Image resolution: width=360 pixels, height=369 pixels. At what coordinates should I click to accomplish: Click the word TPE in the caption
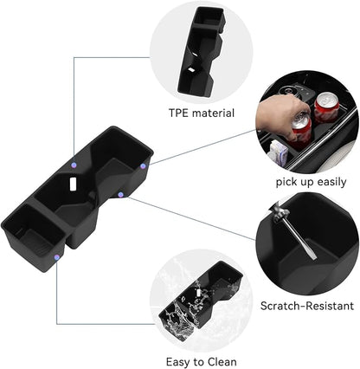[178, 113]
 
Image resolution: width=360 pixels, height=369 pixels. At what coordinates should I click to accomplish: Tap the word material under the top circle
[213, 113]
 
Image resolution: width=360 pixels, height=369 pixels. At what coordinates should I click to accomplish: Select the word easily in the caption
[331, 183]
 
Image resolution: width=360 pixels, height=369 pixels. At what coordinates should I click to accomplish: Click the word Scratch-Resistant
[307, 306]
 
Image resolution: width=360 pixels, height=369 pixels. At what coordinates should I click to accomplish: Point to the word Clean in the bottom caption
[222, 362]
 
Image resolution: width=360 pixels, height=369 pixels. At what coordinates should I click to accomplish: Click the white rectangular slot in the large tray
[73, 184]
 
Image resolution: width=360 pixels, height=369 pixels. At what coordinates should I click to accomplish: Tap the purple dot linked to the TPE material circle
[74, 165]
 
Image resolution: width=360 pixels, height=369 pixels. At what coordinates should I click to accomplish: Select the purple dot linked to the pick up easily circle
[143, 166]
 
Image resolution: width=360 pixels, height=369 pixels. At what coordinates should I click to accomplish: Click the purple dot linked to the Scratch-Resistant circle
[121, 195]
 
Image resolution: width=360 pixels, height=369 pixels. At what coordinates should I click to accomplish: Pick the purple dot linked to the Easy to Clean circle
[57, 257]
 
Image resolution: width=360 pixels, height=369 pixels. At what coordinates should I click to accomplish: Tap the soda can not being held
[326, 107]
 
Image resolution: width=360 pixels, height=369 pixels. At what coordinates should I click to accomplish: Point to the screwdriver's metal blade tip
[314, 257]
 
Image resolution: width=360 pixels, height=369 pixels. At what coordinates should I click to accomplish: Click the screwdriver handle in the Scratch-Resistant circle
[278, 211]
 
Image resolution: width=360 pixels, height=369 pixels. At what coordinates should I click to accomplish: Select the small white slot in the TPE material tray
[191, 70]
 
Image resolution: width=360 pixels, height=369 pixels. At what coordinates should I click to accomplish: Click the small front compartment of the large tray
[35, 232]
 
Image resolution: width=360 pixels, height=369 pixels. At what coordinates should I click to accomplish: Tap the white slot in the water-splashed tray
[199, 292]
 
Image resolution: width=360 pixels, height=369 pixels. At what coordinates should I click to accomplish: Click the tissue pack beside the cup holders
[278, 152]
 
